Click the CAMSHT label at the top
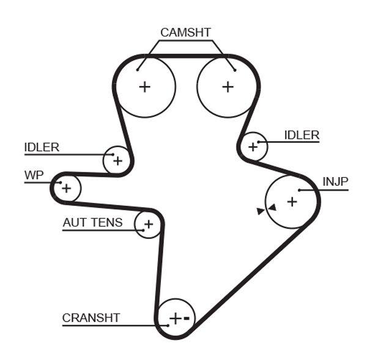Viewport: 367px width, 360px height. tap(185, 32)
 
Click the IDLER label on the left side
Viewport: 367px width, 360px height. tap(42, 147)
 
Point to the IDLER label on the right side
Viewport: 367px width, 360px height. tap(302, 135)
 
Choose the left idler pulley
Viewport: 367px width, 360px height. tap(117, 161)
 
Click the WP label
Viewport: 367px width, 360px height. tap(34, 175)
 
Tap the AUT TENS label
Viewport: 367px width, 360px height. tap(92, 222)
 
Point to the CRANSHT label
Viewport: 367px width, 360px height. tap(91, 318)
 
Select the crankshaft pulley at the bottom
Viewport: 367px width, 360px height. tap(176, 318)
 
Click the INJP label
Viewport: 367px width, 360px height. tap(335, 182)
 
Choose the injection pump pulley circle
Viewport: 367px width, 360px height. tap(292, 200)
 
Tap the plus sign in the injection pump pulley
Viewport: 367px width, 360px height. tap(292, 200)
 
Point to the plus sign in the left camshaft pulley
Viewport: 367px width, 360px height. tap(145, 86)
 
